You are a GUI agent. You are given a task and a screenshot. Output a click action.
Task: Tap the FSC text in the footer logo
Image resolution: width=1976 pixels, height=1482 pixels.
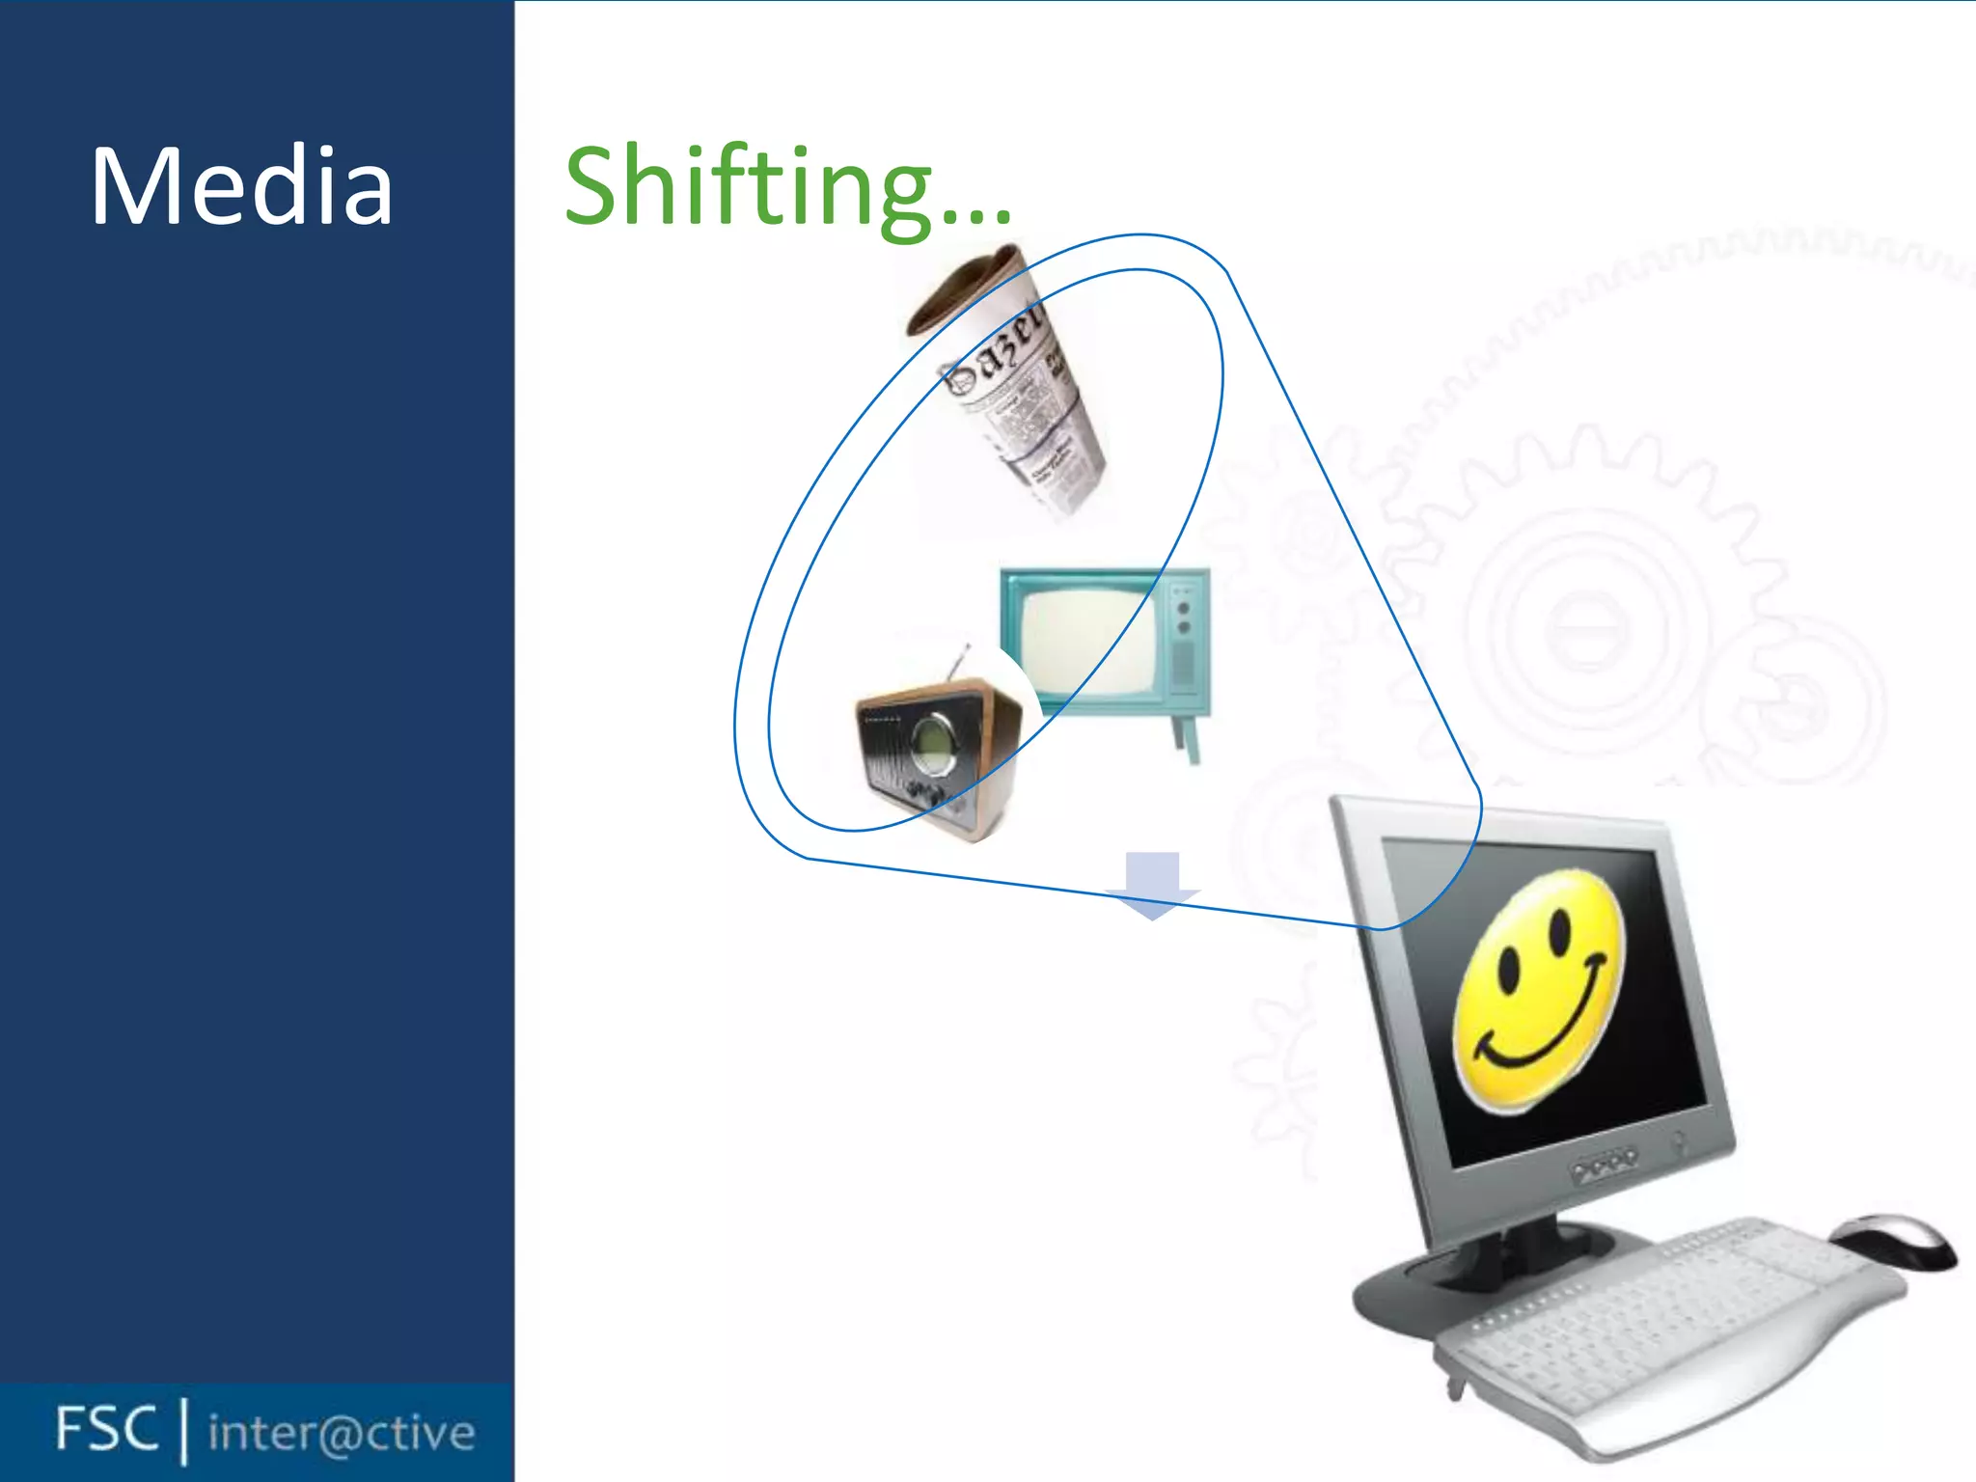(x=106, y=1429)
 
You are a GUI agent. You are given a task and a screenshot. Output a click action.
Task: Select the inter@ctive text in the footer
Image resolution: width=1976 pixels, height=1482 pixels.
(x=342, y=1433)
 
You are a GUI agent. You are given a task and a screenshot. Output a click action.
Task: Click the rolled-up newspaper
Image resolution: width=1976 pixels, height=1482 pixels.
(x=1013, y=386)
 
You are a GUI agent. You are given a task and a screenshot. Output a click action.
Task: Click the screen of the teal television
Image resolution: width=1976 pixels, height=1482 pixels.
(x=1085, y=642)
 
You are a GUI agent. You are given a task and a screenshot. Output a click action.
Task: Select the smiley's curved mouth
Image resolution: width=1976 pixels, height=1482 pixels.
(x=1544, y=1037)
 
